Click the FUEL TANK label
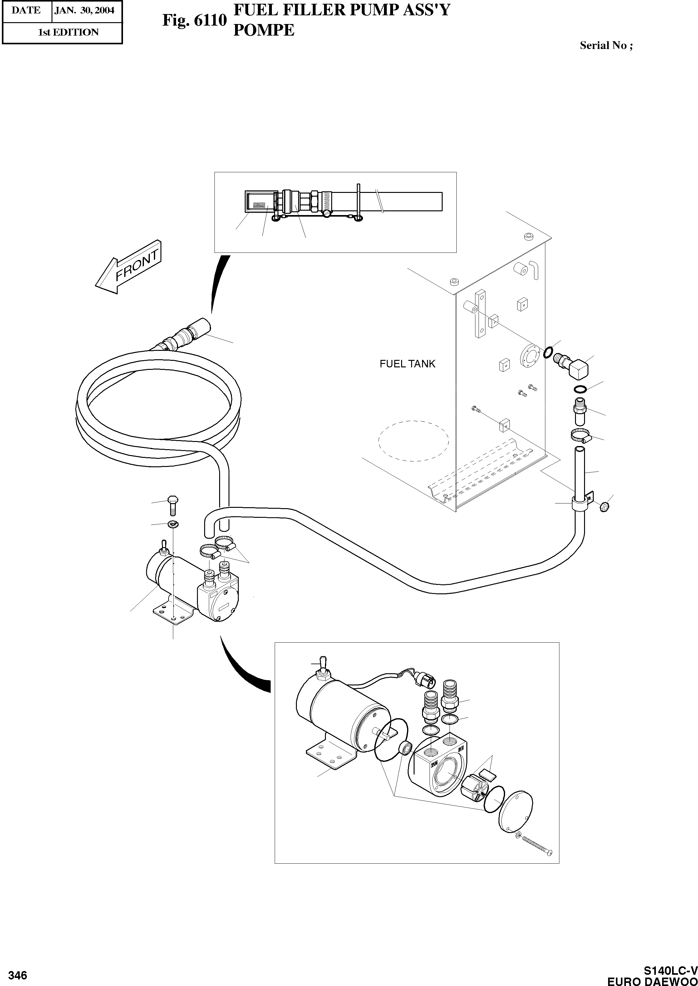(407, 364)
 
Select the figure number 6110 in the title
(194, 20)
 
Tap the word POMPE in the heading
(263, 30)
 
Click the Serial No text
(606, 45)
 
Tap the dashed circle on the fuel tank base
(414, 440)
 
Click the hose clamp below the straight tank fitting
(581, 436)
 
